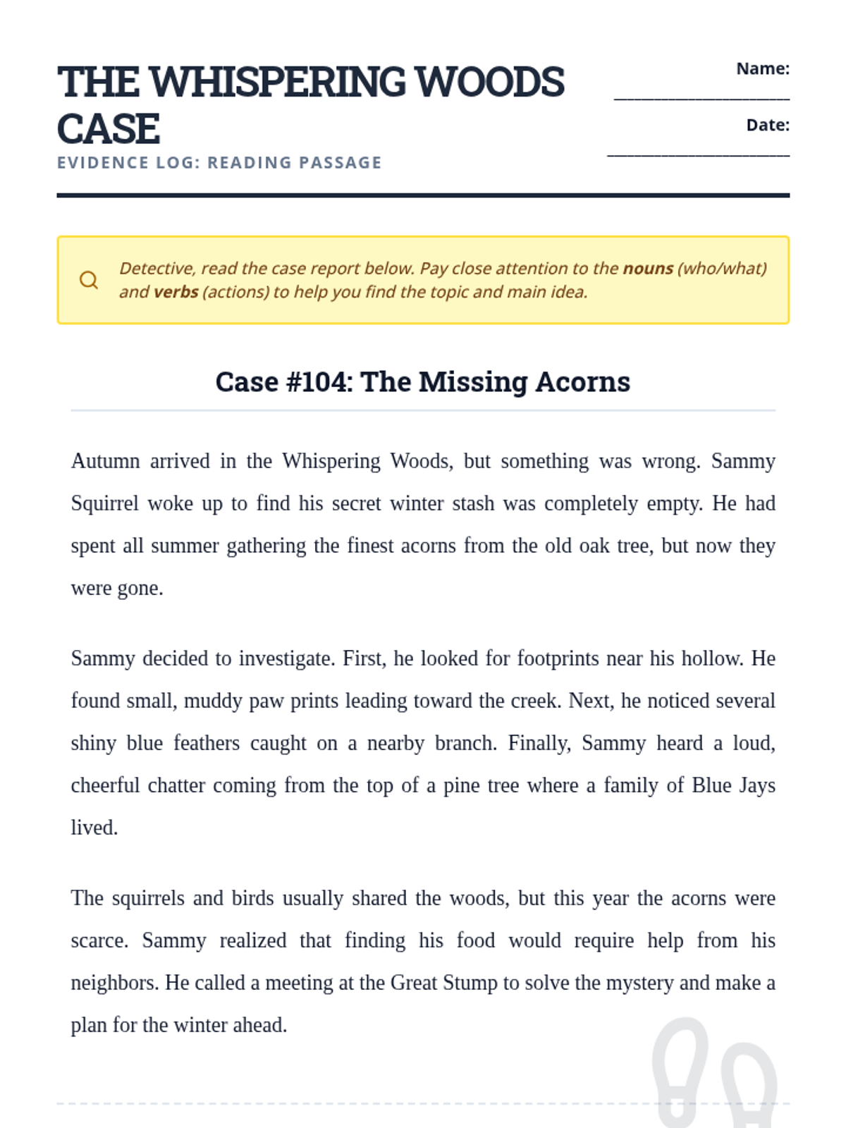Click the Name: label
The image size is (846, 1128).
click(763, 68)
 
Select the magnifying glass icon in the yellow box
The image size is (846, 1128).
click(89, 280)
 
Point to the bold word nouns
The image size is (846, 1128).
click(648, 269)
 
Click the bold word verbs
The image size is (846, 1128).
click(176, 292)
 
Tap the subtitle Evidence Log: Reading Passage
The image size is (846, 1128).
click(219, 163)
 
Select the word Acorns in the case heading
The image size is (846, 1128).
click(582, 382)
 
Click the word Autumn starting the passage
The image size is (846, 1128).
click(105, 461)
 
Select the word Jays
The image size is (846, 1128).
click(756, 785)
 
